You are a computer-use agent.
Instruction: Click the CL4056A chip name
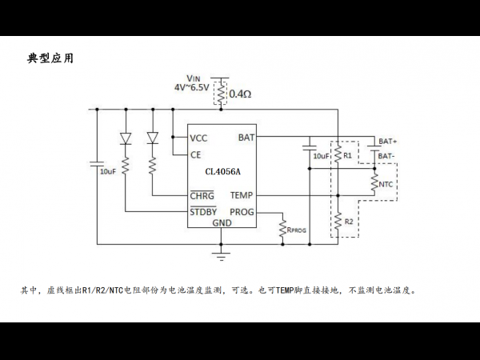tap(222, 171)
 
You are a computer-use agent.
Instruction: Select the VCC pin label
tap(198, 138)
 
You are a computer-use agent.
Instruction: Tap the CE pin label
tap(196, 155)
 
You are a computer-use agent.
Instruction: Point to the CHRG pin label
tap(202, 195)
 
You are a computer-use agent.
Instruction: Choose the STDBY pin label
tap(203, 211)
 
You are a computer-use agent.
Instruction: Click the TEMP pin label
tap(242, 195)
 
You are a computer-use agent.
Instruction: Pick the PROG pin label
tap(242, 212)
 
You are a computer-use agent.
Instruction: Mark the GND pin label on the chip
tap(222, 223)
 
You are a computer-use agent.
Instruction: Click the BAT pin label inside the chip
tap(246, 138)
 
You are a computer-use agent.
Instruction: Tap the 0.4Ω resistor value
tap(240, 94)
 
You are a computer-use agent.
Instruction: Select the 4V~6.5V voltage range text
tap(192, 87)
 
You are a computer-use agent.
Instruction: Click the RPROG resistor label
tap(296, 230)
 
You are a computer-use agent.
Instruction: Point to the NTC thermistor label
tap(386, 184)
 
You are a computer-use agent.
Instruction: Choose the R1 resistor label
tap(347, 155)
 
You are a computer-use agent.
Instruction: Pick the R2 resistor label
tap(349, 222)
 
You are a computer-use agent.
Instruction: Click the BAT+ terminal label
tap(388, 142)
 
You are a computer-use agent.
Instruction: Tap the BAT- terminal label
tap(386, 156)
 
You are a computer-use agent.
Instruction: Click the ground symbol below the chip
tap(221, 256)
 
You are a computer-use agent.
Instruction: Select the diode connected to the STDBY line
tap(126, 138)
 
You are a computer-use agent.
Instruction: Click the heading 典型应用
tap(50, 58)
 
